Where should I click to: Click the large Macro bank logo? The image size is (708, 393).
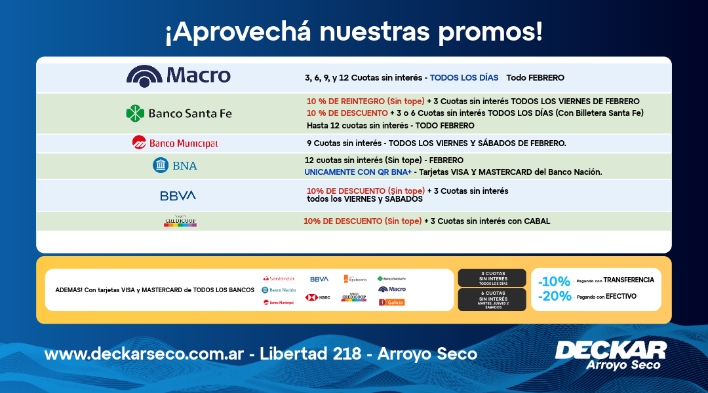click(x=178, y=76)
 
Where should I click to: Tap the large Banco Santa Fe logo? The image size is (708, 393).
click(x=178, y=113)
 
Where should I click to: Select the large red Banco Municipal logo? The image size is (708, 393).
click(x=174, y=143)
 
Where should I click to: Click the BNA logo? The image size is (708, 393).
click(x=174, y=166)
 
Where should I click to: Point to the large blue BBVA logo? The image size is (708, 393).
click(x=178, y=196)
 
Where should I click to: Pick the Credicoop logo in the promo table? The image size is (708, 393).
click(x=180, y=221)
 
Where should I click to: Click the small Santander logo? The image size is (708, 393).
click(x=279, y=279)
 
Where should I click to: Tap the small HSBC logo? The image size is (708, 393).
click(x=317, y=297)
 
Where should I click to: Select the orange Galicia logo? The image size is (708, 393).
click(x=392, y=302)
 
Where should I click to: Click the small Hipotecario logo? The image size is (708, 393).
click(x=355, y=279)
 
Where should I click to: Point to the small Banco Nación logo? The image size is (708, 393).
click(x=279, y=290)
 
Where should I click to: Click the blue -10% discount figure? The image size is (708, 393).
click(x=554, y=282)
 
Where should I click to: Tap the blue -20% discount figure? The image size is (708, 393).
click(x=554, y=297)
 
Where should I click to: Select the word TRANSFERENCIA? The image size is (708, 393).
click(x=629, y=280)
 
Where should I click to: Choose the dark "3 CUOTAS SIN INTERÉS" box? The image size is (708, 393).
click(x=492, y=278)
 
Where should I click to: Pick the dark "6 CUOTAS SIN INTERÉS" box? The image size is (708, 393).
click(x=492, y=299)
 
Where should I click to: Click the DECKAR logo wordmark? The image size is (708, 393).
click(x=610, y=350)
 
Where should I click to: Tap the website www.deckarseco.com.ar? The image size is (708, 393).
click(x=144, y=354)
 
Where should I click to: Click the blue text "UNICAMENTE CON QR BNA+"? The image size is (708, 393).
click(x=357, y=172)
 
